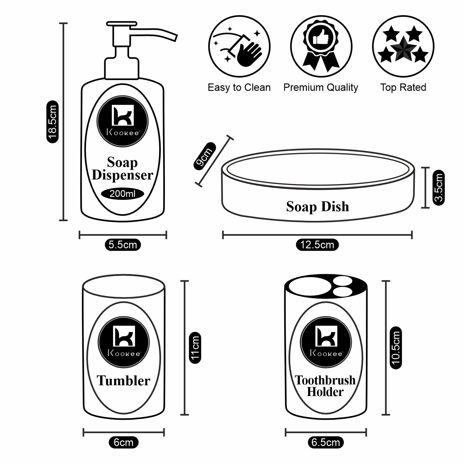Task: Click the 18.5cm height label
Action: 52,122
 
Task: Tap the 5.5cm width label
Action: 123,245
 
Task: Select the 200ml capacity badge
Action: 122,194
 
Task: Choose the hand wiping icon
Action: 239,46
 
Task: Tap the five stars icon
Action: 403,46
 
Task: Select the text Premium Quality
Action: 321,88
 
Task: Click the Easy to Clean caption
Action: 239,88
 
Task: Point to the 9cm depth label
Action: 204,156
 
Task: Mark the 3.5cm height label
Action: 439,187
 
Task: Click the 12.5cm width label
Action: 317,245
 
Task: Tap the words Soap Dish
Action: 317,207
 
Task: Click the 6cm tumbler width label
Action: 123,442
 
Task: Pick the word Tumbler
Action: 123,380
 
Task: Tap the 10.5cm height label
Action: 396,347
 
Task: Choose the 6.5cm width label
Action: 326,442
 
